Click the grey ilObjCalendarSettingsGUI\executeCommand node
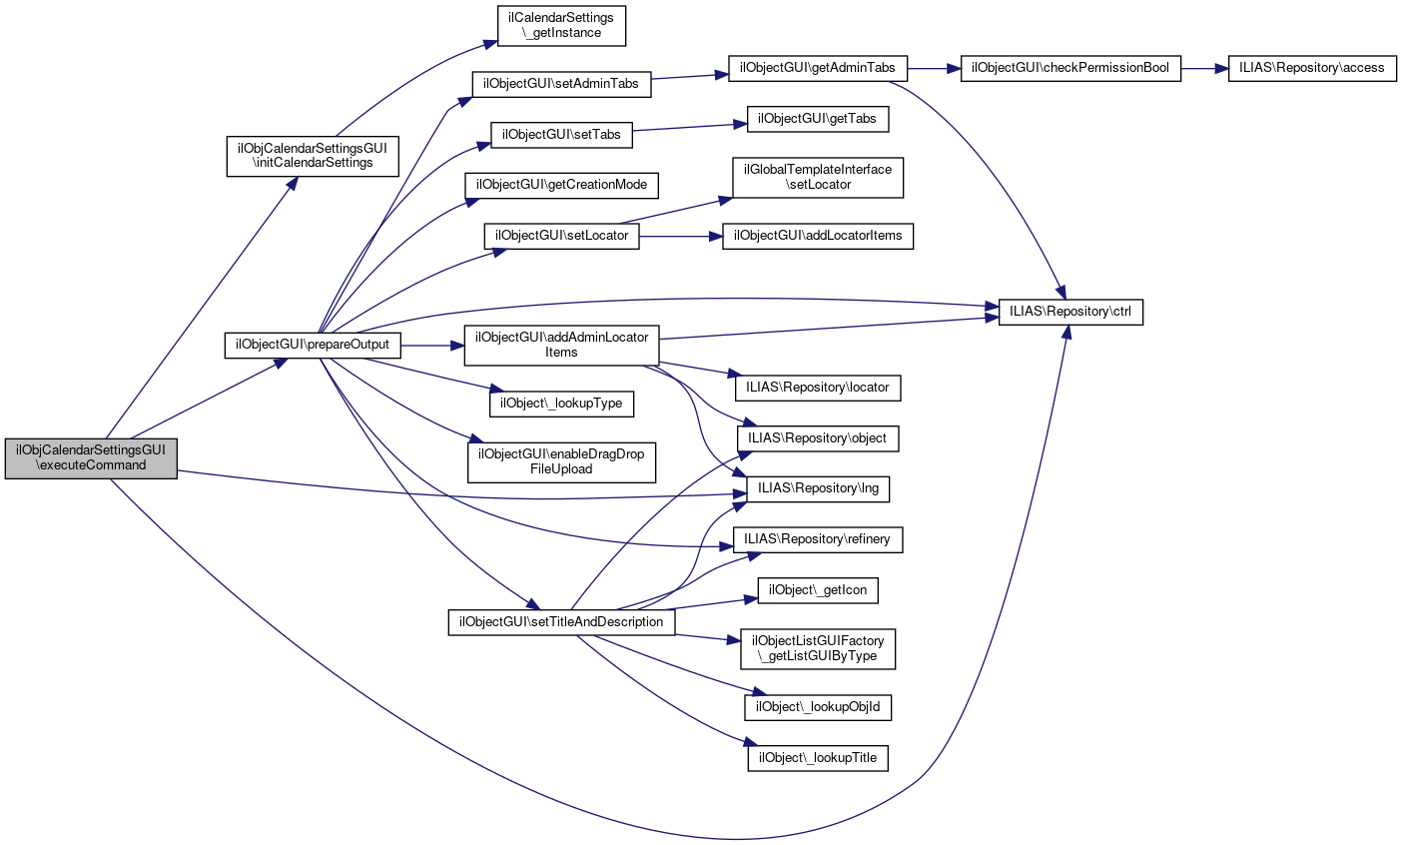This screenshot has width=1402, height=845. [x=91, y=457]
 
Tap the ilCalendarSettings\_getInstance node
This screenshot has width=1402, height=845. [x=562, y=26]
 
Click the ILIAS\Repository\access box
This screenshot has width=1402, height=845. [x=1311, y=68]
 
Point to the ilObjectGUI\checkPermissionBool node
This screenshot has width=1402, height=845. [x=1070, y=68]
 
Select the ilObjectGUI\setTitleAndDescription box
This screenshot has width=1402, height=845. [x=561, y=621]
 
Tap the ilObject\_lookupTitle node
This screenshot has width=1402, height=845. [x=818, y=757]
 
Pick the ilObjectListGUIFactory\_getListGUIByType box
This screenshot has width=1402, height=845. [x=818, y=648]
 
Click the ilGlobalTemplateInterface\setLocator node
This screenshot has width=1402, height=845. [x=818, y=177]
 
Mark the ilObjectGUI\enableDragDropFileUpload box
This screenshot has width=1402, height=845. [x=561, y=461]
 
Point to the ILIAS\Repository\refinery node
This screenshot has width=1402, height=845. [x=818, y=539]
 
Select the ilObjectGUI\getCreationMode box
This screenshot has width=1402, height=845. [x=561, y=185]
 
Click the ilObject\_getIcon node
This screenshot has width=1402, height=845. [x=818, y=590]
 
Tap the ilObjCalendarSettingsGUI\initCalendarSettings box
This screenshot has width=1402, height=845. [x=313, y=155]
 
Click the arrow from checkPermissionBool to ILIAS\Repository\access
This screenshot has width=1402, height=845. [x=1204, y=68]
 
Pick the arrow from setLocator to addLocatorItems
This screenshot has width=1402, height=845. [x=680, y=237]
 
